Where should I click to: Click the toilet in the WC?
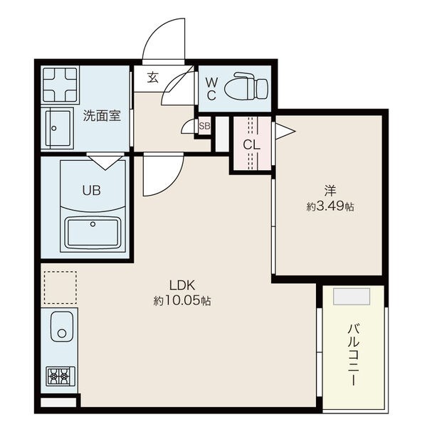point(246,86)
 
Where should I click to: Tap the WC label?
point(211,88)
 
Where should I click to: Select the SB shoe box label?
point(204,126)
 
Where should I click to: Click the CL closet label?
point(251,144)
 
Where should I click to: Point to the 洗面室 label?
point(102,116)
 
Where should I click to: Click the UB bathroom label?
point(92,190)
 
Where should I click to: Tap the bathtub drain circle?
point(93,224)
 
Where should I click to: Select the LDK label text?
point(182,285)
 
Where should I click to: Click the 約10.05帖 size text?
point(182,301)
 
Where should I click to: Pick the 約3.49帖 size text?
point(330,206)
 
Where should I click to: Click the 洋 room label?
point(330,191)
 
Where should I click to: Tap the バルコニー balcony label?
point(354,355)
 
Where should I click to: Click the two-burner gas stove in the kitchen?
point(60,376)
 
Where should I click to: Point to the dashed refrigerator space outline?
point(60,288)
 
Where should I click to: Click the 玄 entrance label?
point(153,78)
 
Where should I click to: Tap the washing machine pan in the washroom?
point(60,85)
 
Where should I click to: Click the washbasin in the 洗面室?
point(59,128)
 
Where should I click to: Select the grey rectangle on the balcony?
point(352,296)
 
